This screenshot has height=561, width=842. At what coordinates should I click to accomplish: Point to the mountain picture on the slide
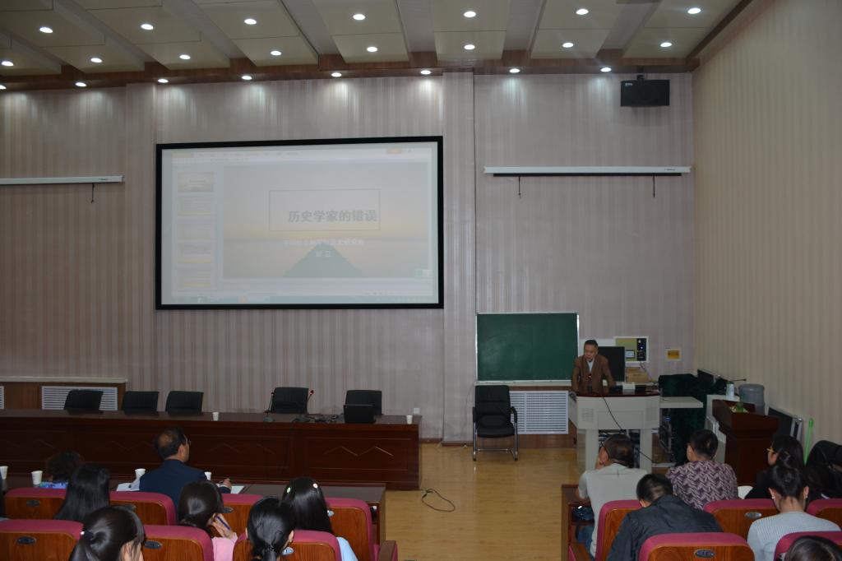323,261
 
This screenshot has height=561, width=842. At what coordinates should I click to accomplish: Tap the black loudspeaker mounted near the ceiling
644,92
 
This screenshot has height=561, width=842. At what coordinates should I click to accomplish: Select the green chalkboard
526,346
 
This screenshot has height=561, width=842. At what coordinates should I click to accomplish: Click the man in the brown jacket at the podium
591,368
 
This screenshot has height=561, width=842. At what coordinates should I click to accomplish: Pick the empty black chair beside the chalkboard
494,420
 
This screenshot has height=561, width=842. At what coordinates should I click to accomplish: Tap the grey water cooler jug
752,397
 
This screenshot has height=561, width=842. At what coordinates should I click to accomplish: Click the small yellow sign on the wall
673,355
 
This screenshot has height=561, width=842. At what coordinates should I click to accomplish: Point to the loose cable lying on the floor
438,499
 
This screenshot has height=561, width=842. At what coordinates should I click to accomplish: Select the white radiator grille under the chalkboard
539,411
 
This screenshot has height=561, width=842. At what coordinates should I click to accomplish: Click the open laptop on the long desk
359,413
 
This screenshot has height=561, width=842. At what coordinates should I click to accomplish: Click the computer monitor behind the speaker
613,363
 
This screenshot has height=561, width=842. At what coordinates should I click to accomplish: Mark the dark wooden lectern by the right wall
743,441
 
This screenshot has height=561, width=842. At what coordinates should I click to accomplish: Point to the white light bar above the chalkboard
587,170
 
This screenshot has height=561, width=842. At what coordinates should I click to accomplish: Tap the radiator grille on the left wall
79,397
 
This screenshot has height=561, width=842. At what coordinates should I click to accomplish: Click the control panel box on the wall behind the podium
631,349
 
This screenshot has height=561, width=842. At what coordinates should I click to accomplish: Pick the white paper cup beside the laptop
409,419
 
